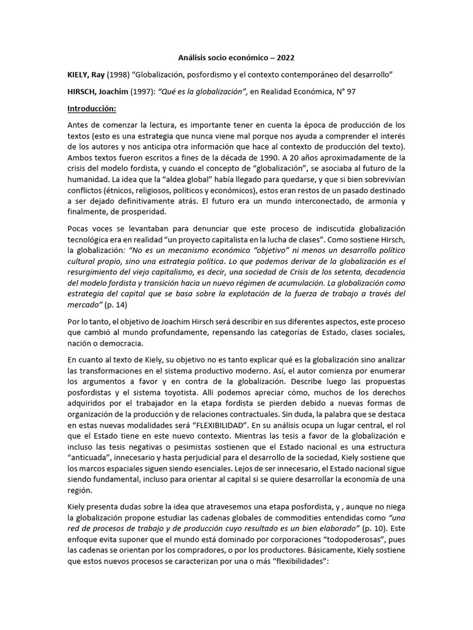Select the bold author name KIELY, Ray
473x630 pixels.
click(86, 74)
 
